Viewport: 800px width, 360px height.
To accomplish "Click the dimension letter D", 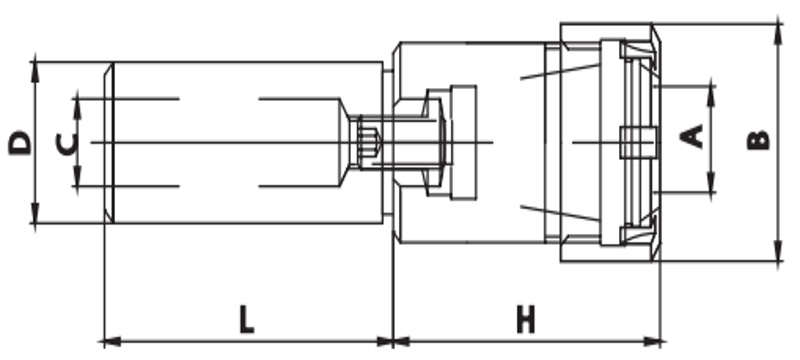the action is [x=20, y=143].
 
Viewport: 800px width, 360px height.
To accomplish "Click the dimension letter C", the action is [x=66, y=144].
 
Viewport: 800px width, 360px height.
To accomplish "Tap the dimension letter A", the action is [x=692, y=137].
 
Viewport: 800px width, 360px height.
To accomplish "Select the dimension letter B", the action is [x=758, y=140].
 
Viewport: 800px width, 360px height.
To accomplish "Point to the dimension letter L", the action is [x=247, y=320].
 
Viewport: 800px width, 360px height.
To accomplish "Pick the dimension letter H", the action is [x=526, y=320].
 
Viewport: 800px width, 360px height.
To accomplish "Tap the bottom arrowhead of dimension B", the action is [x=778, y=252].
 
